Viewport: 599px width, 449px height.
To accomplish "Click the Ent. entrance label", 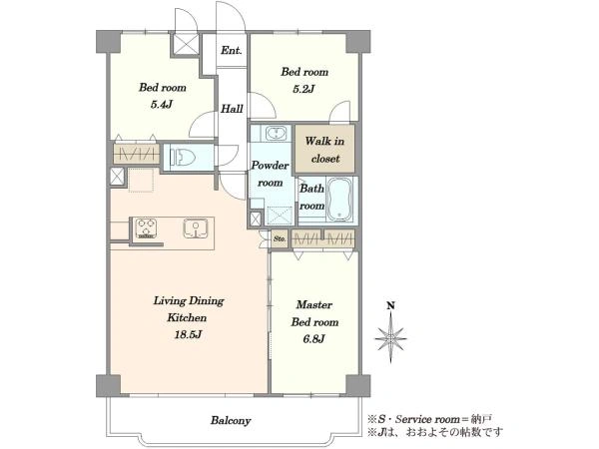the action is pyautogui.click(x=232, y=50).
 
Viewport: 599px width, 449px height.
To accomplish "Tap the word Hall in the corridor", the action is pyautogui.click(x=232, y=109).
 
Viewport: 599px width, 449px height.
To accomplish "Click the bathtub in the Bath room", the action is pyautogui.click(x=339, y=200).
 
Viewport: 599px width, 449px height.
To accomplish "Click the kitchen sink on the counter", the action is pyautogui.click(x=196, y=227).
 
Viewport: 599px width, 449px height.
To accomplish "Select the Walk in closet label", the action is pyautogui.click(x=324, y=150).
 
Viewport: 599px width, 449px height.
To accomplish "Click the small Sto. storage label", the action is pyautogui.click(x=280, y=239).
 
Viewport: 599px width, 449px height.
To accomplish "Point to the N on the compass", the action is pyautogui.click(x=390, y=305).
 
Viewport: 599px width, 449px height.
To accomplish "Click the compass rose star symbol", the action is pyautogui.click(x=390, y=338).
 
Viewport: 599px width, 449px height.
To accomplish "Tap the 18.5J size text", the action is pyautogui.click(x=188, y=335).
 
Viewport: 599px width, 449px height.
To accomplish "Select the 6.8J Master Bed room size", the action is pyautogui.click(x=314, y=338).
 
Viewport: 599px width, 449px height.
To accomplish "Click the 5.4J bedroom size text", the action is pyautogui.click(x=163, y=104).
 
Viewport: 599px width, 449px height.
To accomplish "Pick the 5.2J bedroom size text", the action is pyautogui.click(x=303, y=89).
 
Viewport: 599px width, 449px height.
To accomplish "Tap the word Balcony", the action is pyautogui.click(x=231, y=421).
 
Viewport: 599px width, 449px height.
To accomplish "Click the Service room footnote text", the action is pyautogui.click(x=429, y=419).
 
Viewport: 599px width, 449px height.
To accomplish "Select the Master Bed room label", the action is pyautogui.click(x=314, y=313).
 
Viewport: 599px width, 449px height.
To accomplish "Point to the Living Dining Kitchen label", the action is pyautogui.click(x=189, y=309).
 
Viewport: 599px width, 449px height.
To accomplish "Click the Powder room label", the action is pyautogui.click(x=271, y=174).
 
